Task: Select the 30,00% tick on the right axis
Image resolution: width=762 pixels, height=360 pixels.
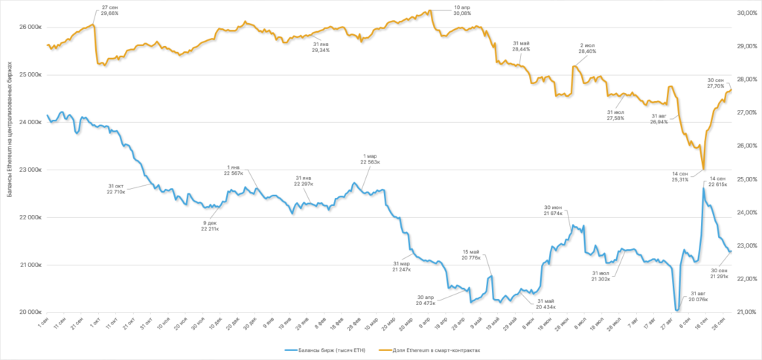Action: coord(746,13)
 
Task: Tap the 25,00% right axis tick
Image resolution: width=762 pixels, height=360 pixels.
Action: coord(746,179)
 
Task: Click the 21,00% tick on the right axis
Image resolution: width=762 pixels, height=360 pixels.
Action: coord(746,312)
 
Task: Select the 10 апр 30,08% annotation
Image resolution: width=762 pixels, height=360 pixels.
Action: coord(462,10)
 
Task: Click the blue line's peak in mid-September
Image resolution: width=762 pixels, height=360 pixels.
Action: coord(703,188)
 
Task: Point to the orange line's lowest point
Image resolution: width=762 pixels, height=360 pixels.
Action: coord(703,170)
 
